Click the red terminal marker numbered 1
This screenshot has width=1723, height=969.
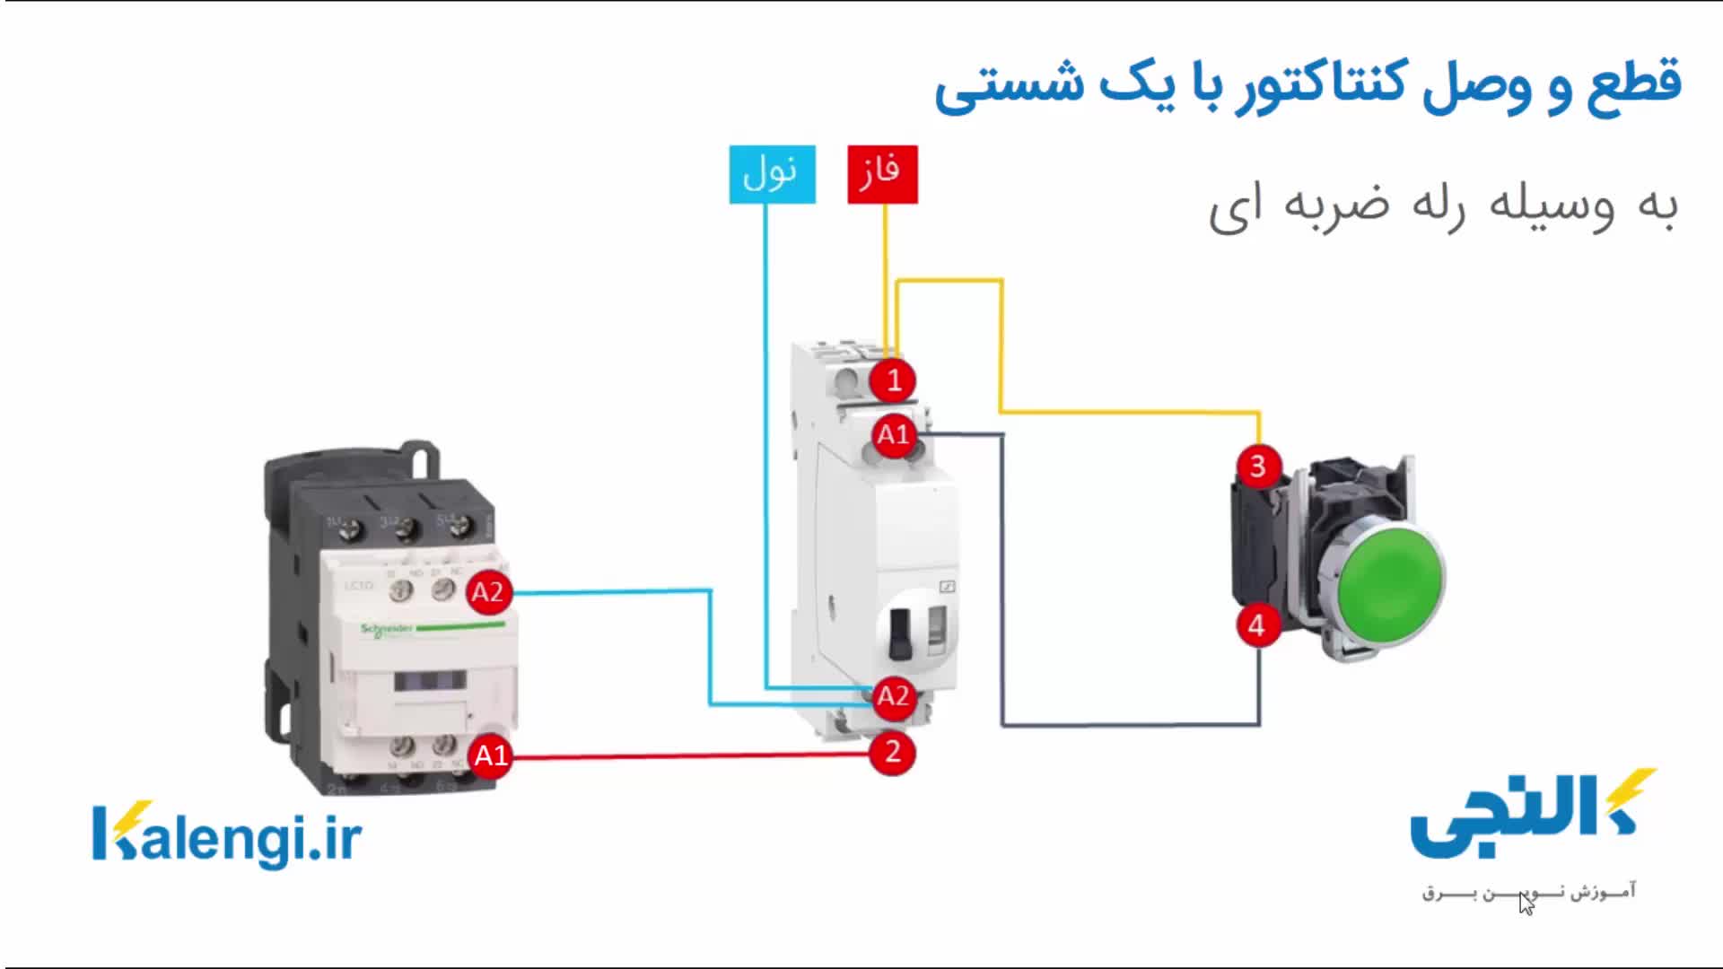coord(892,380)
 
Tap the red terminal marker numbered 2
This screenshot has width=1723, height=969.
coord(892,752)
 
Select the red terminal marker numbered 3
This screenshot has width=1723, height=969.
coord(1257,467)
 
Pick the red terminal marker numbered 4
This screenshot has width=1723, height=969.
coord(1257,625)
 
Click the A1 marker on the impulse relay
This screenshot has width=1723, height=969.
coord(893,435)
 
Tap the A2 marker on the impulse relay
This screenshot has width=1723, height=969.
coord(893,696)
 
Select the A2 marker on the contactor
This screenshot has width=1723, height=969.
coord(488,592)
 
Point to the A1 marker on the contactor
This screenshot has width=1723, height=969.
coord(490,755)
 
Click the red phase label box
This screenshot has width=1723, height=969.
coord(882,174)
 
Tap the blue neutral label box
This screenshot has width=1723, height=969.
coord(772,174)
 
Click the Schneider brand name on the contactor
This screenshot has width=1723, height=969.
coord(387,629)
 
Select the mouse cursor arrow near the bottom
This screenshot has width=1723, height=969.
coord(1525,903)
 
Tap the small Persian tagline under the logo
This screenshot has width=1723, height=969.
coord(1529,892)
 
